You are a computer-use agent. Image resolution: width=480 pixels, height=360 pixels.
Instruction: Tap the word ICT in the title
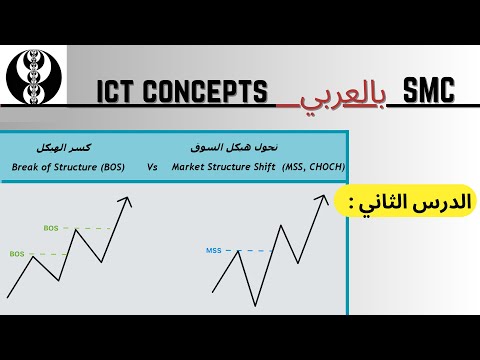[x=118, y=93]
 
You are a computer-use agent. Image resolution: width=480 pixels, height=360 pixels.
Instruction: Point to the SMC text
[x=427, y=91]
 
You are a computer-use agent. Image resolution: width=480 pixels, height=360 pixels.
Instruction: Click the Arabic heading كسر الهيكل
[x=67, y=146]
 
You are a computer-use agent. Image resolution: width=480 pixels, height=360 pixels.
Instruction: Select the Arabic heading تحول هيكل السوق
[x=234, y=146]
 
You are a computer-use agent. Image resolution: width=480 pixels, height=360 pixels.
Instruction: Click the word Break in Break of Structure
[x=30, y=167]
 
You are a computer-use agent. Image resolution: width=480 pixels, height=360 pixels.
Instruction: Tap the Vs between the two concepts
[x=153, y=167]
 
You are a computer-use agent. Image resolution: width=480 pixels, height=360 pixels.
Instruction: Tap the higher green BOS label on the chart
[x=51, y=228]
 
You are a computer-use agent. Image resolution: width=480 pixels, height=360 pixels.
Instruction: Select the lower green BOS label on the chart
[x=16, y=254]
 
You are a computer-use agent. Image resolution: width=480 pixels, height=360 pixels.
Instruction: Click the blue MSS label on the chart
[x=213, y=250]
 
